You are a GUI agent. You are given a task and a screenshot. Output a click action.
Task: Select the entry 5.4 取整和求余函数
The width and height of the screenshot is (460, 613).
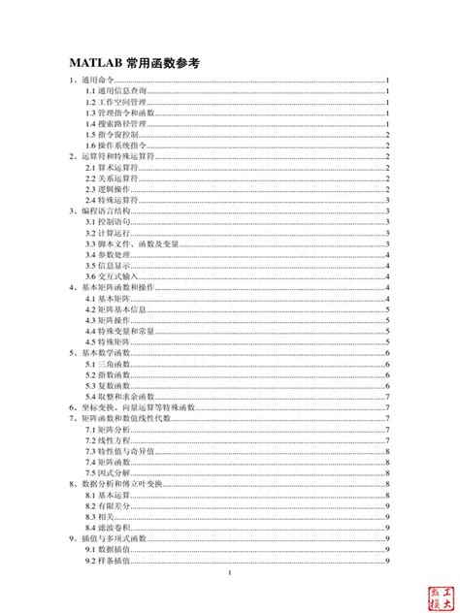(x=119, y=397)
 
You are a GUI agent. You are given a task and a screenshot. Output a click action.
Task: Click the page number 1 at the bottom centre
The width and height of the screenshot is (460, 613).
(x=229, y=573)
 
